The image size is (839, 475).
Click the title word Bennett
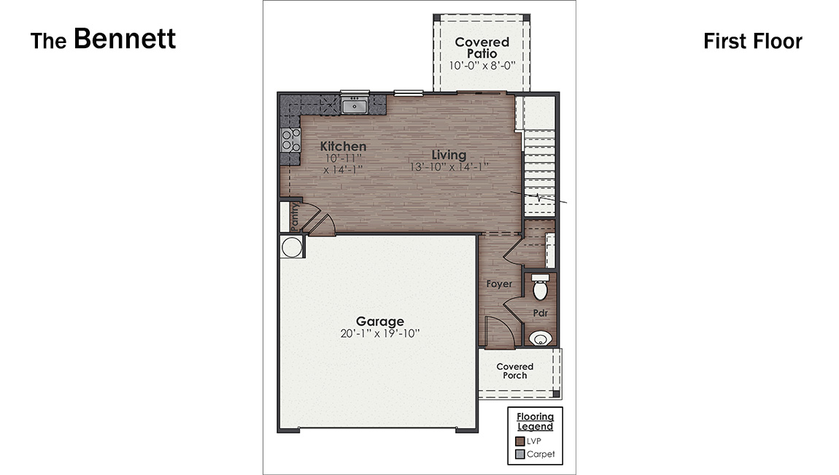point(125,39)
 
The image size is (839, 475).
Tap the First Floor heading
point(752,42)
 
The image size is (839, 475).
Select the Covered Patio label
point(482,47)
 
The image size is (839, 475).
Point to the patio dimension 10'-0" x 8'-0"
point(482,66)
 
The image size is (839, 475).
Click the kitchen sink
point(355,107)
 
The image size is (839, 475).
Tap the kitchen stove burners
point(290,139)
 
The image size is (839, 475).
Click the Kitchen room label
point(343,147)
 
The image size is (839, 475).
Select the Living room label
point(449,155)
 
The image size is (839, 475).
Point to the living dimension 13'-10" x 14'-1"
point(449,167)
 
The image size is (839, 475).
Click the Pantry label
point(294,217)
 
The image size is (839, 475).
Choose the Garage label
point(379,321)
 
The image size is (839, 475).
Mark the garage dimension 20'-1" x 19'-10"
point(379,333)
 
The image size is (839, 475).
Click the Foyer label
point(500,284)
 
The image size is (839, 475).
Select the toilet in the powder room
point(541,289)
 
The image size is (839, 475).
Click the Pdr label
point(540,313)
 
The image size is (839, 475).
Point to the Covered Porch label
point(515,371)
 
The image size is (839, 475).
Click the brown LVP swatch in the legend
point(520,441)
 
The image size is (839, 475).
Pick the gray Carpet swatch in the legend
point(520,454)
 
